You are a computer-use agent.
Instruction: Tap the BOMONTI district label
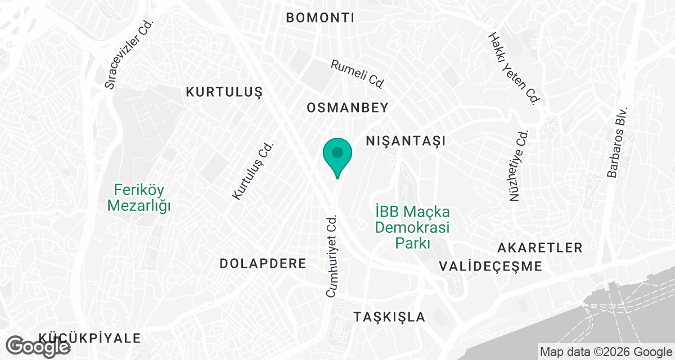click(320, 17)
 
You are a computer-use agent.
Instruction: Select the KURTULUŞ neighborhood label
click(224, 92)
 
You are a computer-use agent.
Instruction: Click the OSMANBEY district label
click(348, 107)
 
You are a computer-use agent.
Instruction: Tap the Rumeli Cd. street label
click(357, 74)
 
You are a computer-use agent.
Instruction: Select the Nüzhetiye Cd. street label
click(518, 166)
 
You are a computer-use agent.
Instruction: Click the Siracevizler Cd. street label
click(129, 56)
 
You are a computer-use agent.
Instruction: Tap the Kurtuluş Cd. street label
click(253, 170)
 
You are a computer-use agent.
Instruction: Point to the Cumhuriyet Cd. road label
click(331, 255)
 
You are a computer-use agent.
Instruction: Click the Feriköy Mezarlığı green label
click(139, 197)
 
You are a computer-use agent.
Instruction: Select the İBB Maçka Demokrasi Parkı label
click(413, 228)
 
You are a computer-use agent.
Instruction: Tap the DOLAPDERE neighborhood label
click(263, 263)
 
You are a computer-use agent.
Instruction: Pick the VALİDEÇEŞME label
click(490, 266)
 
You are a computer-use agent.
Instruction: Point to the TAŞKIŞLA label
click(389, 317)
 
